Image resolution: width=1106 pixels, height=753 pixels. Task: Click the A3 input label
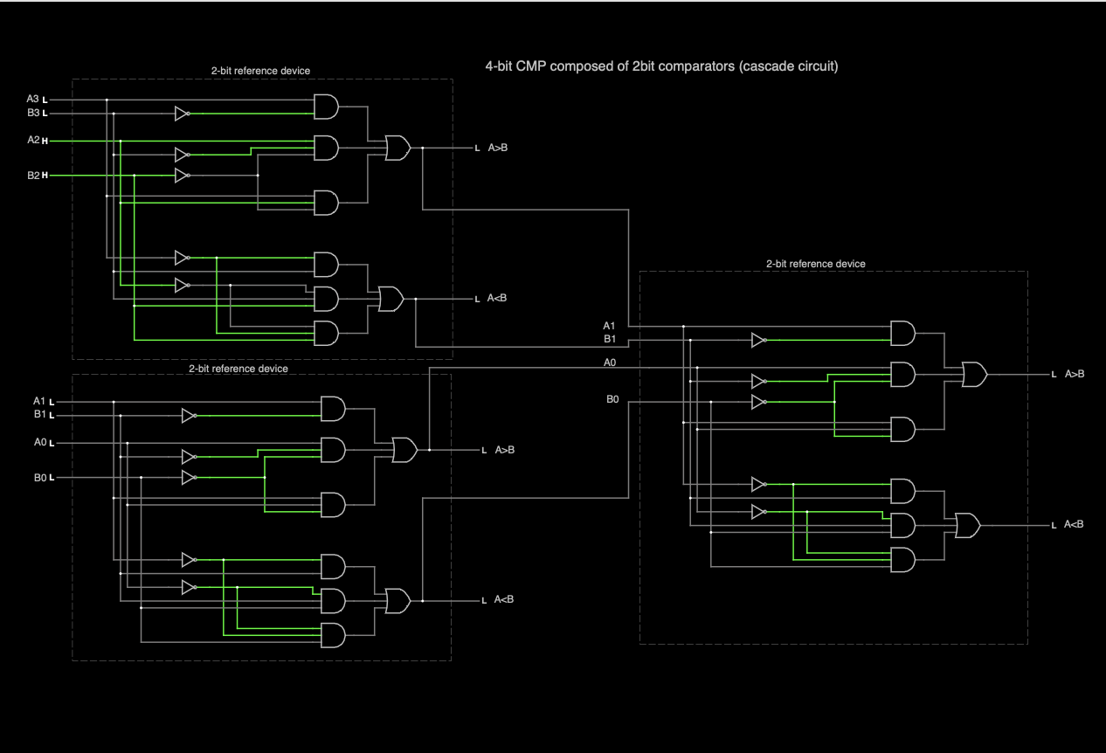pyautogui.click(x=32, y=100)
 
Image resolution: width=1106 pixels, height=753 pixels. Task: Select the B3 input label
pyautogui.click(x=32, y=113)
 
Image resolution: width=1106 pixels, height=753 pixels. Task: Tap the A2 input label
pyautogui.click(x=32, y=140)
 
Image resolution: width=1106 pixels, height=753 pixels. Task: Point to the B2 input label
pyautogui.click(x=32, y=176)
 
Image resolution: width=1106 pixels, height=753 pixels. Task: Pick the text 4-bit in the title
pyautogui.click(x=499, y=66)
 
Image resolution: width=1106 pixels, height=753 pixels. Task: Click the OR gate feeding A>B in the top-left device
pyautogui.click(x=397, y=148)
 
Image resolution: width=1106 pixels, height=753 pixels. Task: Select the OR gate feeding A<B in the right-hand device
pyautogui.click(x=967, y=525)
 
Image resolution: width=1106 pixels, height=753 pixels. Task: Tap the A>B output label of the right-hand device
pyautogui.click(x=1074, y=374)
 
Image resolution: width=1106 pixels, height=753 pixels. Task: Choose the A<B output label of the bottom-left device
pyautogui.click(x=504, y=599)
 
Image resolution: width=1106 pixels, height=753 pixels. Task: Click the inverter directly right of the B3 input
pyautogui.click(x=182, y=114)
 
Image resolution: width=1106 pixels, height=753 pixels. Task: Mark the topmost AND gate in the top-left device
pyautogui.click(x=326, y=107)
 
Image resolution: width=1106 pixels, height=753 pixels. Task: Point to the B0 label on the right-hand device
pyautogui.click(x=612, y=399)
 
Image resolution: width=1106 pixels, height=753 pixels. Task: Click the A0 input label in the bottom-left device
pyautogui.click(x=39, y=443)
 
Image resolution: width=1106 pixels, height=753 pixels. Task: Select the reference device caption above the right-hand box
pyautogui.click(x=815, y=264)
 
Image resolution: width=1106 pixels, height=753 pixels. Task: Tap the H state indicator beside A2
pyautogui.click(x=45, y=141)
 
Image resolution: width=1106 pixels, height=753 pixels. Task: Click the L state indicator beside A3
pyautogui.click(x=45, y=100)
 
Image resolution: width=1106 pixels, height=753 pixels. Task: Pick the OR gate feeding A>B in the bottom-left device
pyautogui.click(x=404, y=450)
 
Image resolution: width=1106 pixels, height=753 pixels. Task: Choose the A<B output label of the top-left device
pyautogui.click(x=497, y=299)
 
